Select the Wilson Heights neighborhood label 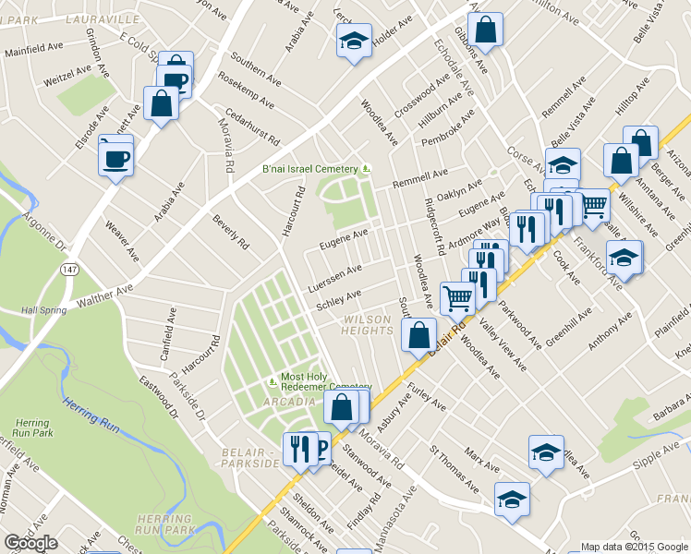point(369,323)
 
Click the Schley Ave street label point(338,301)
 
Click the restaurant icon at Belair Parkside point(298,450)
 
